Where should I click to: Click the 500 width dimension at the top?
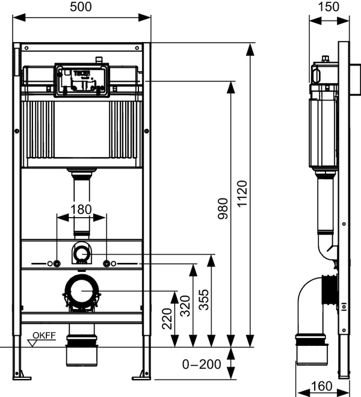point(82,7)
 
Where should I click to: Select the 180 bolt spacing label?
point(82,209)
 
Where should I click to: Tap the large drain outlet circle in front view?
point(82,291)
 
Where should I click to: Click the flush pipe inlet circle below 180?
point(82,253)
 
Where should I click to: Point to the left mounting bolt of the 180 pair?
point(57,263)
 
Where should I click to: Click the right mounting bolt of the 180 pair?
point(106,263)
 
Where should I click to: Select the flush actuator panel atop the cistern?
point(82,80)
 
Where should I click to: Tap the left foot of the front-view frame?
point(20,374)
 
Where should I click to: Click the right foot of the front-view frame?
point(144,374)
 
